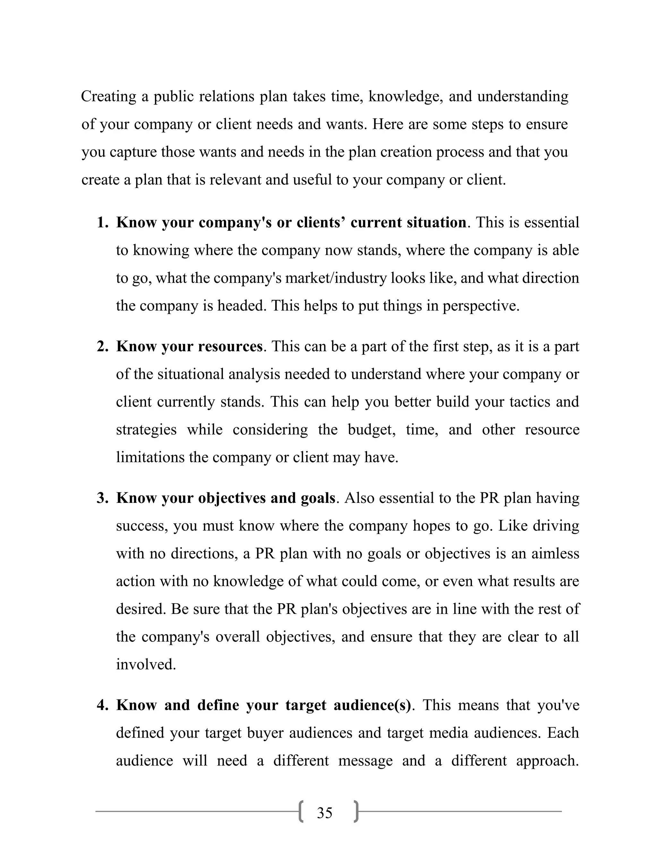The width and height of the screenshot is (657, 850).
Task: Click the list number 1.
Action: [x=102, y=223]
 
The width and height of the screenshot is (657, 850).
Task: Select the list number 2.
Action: [x=102, y=346]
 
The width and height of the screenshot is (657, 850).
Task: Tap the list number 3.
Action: [x=102, y=498]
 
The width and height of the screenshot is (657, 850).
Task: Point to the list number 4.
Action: [x=102, y=705]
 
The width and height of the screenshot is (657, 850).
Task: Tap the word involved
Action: [x=146, y=664]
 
